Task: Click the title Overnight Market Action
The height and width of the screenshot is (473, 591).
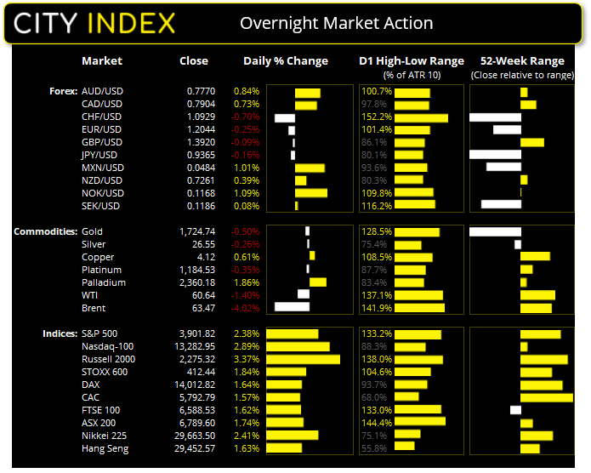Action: pyautogui.click(x=336, y=23)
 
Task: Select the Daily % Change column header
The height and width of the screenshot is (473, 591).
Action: pyautogui.click(x=285, y=61)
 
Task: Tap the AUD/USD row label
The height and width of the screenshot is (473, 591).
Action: pyautogui.click(x=102, y=91)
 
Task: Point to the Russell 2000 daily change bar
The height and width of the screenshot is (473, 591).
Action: pyautogui.click(x=303, y=359)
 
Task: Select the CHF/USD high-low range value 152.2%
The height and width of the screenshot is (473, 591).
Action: pyautogui.click(x=375, y=117)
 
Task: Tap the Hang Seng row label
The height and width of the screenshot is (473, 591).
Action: pyautogui.click(x=105, y=448)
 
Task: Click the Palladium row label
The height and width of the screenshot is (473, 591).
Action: pyautogui.click(x=103, y=282)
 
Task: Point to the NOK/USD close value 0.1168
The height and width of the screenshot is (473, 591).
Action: pyautogui.click(x=202, y=193)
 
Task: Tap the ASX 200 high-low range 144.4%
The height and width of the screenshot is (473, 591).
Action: pyautogui.click(x=375, y=423)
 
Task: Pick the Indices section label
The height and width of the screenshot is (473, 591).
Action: pyautogui.click(x=59, y=333)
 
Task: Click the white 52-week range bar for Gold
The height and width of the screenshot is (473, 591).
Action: pyautogui.click(x=494, y=231)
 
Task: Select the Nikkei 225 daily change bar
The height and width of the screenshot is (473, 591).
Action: pyautogui.click(x=293, y=436)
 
